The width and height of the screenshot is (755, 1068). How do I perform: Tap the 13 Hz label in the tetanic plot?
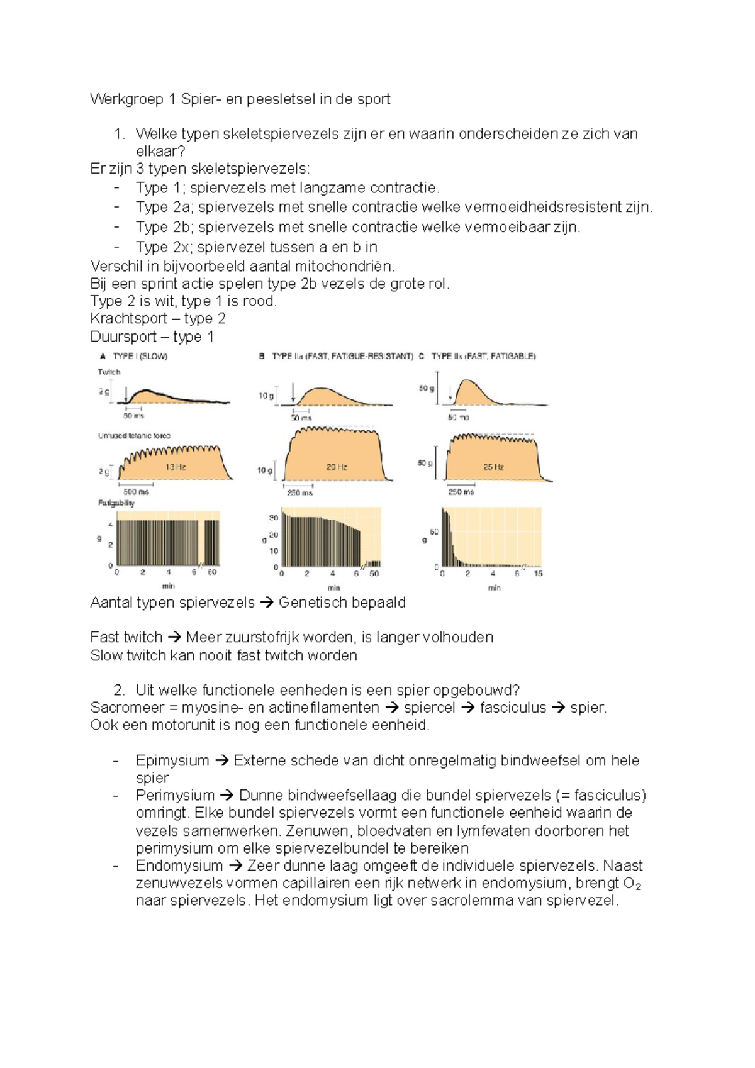pos(175,467)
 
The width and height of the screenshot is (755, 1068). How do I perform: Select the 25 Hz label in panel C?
pos(493,467)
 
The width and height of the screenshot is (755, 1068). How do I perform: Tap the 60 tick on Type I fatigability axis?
pos(212,572)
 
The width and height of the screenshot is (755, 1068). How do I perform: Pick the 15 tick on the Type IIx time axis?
pos(538,573)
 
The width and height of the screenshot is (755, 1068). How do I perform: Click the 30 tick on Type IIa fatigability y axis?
pos(274,518)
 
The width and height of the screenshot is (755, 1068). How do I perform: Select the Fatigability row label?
pos(116,503)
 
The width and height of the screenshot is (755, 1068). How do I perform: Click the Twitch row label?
pos(108,372)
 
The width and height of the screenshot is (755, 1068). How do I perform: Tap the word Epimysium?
pos(172,760)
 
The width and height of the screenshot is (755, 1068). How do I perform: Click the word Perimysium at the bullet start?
pos(175,795)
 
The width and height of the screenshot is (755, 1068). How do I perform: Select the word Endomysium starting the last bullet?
pos(179,865)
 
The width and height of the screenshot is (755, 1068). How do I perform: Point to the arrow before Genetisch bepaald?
pos(267,603)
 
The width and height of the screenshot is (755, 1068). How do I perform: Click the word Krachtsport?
pos(128,318)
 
